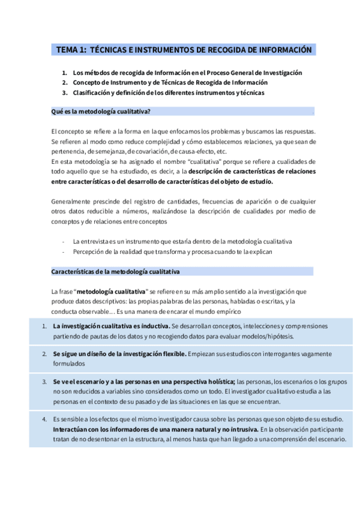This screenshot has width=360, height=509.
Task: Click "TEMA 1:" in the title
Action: tap(71, 50)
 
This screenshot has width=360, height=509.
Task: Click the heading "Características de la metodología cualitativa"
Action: tap(116, 272)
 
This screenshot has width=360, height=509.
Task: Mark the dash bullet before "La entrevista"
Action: tap(63, 241)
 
